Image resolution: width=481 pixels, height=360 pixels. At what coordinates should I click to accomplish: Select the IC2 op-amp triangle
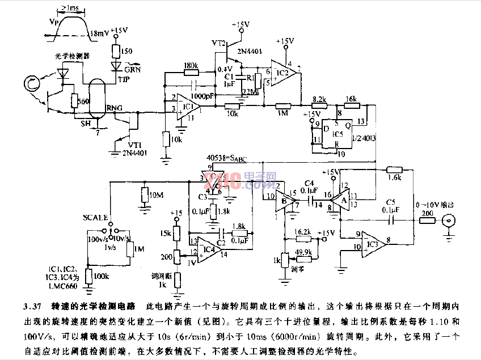coord(282,72)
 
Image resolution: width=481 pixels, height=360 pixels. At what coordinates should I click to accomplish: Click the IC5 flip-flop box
coord(338,134)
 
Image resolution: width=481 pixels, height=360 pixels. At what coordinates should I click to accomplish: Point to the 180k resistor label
coord(191,66)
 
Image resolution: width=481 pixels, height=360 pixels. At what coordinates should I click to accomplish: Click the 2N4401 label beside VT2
coord(250,52)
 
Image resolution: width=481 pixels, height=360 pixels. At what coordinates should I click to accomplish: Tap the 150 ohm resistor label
coord(126,52)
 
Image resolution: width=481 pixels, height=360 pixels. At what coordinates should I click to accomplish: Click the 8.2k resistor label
coord(319,99)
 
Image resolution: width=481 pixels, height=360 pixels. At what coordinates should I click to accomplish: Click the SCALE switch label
coord(94,217)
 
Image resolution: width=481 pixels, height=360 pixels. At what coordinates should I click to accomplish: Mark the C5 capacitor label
coord(390,202)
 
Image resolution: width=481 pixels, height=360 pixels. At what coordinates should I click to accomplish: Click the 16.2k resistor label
coord(303,231)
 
